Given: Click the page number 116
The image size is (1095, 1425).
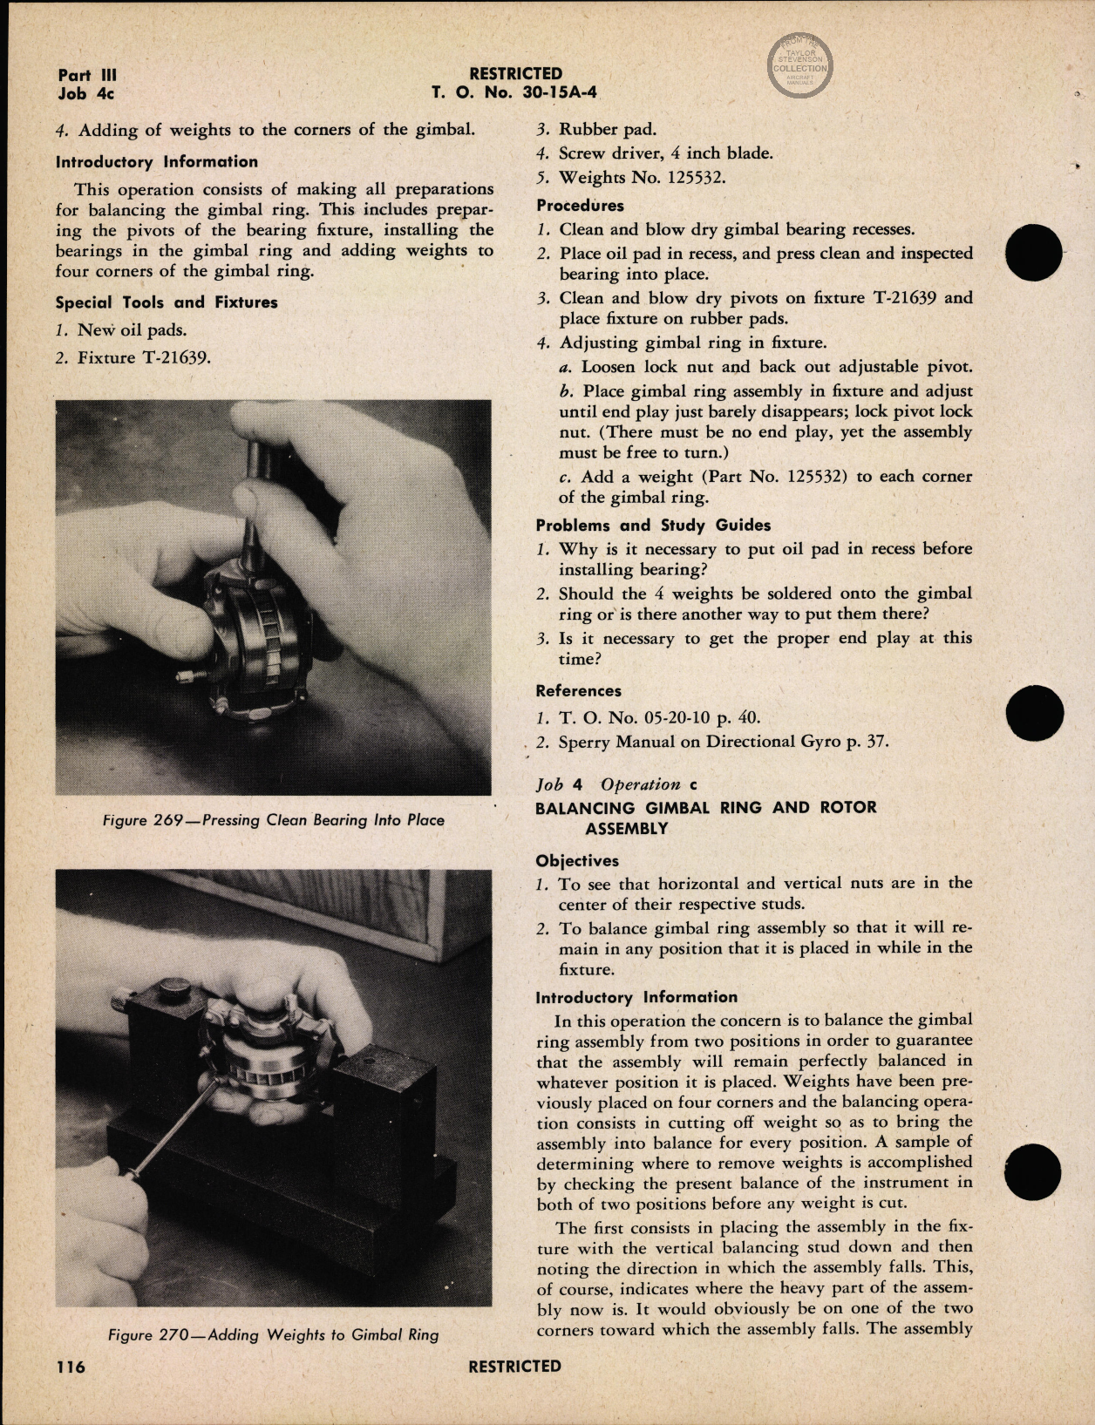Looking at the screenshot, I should [71, 1366].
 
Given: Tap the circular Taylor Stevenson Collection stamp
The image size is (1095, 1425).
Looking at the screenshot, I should [799, 66].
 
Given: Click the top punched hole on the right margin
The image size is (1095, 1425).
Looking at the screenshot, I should [1034, 253].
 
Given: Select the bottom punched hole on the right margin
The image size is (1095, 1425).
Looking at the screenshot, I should [1032, 1171].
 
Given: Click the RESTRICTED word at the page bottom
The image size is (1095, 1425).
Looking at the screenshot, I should [514, 1366].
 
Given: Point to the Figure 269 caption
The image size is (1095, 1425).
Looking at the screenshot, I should [273, 820].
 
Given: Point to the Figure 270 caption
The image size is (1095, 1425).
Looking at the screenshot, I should [273, 1334].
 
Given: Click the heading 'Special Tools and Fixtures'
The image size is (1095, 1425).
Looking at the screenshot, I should [167, 302].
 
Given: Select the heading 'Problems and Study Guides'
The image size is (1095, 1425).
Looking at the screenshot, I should [653, 525].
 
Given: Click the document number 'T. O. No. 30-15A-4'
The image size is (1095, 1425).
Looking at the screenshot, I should [514, 93].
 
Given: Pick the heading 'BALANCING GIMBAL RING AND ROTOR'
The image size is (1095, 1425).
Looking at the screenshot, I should [705, 807].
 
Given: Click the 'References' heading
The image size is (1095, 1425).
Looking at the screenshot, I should [578, 690].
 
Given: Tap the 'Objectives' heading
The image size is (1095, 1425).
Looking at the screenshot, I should [576, 860].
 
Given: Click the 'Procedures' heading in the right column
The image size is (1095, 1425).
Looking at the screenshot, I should [580, 206].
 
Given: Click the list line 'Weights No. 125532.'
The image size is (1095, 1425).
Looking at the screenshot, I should [642, 177].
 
